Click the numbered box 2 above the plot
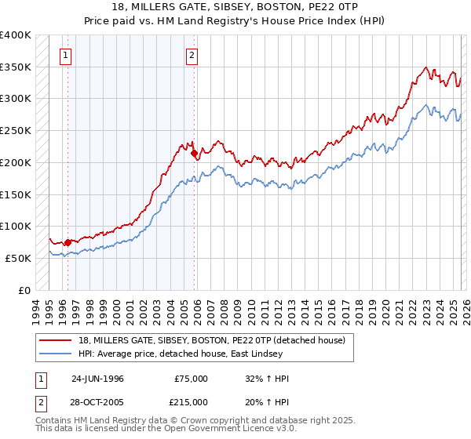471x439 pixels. pyautogui.click(x=192, y=55)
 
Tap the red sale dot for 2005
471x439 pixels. pyautogui.click(x=194, y=154)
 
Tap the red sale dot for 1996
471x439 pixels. pyautogui.click(x=68, y=242)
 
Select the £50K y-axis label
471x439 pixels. pyautogui.click(x=17, y=258)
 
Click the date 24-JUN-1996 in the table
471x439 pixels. pyautogui.click(x=97, y=379)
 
